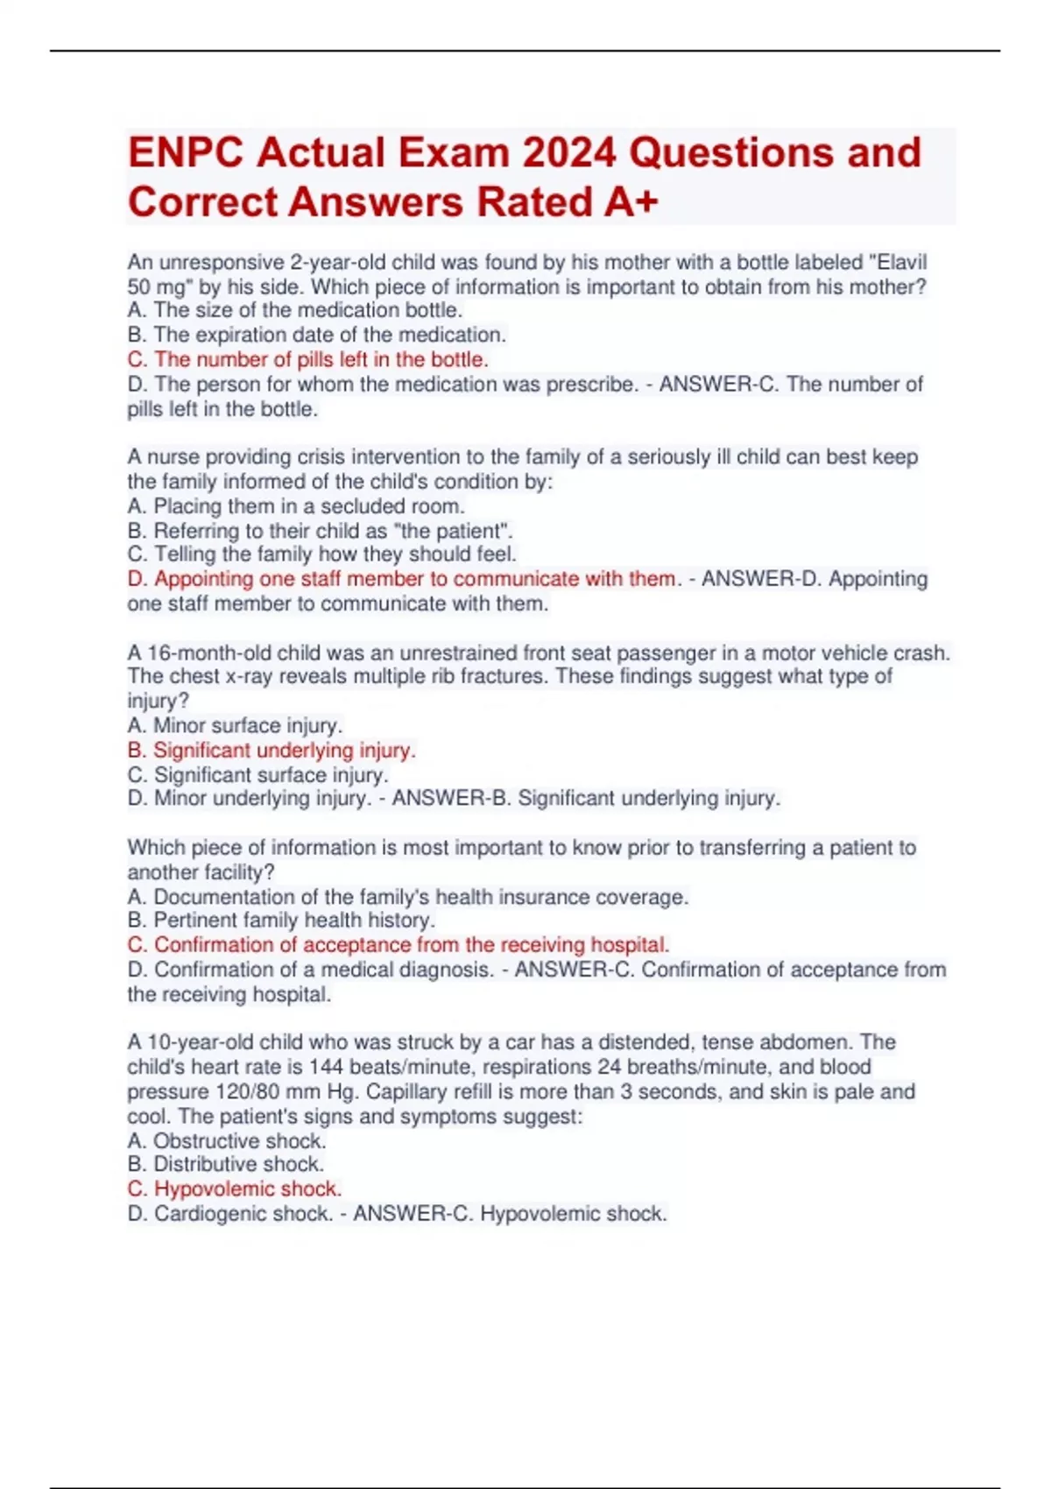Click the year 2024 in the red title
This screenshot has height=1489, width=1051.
click(x=569, y=152)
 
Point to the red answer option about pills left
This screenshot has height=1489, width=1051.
click(x=307, y=359)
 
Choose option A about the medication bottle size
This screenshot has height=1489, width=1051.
click(x=294, y=310)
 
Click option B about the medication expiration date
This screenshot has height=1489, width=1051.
click(x=316, y=335)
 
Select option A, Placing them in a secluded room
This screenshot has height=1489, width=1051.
click(x=295, y=506)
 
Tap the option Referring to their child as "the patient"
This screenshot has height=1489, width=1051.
click(x=320, y=531)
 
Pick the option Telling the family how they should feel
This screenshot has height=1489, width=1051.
click(x=321, y=554)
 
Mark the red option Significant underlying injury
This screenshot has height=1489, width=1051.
click(x=272, y=751)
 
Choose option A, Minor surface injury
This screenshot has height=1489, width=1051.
click(x=235, y=725)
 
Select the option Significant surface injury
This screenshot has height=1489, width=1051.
click(x=257, y=775)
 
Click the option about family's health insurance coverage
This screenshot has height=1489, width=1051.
click(x=407, y=897)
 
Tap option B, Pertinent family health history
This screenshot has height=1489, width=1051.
click(x=281, y=921)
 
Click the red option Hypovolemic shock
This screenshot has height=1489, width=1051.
click(x=234, y=1189)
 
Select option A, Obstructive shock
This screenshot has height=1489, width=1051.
click(x=226, y=1140)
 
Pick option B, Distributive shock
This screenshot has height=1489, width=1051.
click(x=225, y=1164)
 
